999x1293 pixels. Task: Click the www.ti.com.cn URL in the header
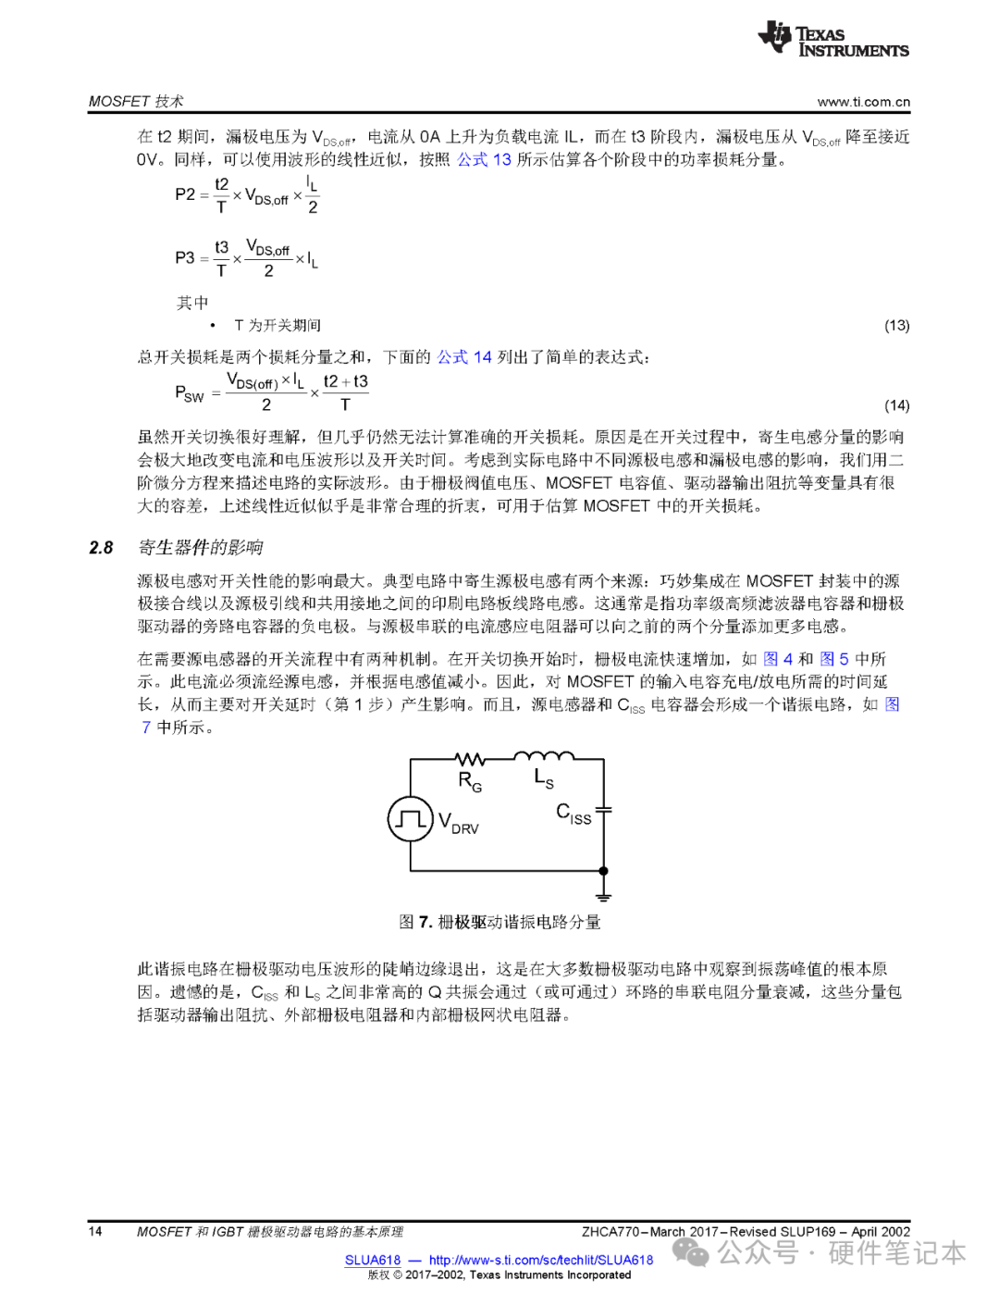863,102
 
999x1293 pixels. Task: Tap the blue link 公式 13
484,159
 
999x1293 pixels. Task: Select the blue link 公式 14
463,357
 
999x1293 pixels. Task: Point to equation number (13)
896,326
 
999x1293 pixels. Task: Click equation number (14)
896,405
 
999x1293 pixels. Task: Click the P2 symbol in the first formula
185,194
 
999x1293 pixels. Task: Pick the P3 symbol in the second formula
185,257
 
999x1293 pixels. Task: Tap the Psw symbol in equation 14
189,393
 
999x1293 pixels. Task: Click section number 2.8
101,548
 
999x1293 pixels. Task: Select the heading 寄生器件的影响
201,548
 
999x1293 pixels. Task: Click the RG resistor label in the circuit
470,782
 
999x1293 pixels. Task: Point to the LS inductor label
544,778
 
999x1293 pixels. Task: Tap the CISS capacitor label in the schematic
573,814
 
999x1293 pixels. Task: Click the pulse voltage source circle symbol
410,819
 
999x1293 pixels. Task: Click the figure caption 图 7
499,922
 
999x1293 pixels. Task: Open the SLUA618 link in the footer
373,1260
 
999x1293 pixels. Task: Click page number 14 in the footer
95,1232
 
